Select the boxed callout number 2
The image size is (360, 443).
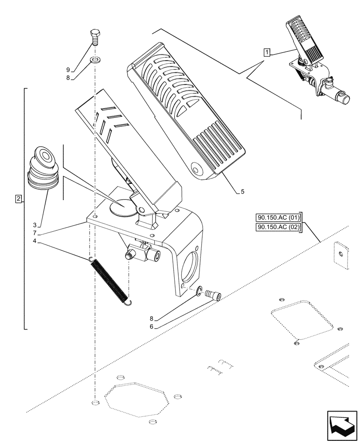(18, 199)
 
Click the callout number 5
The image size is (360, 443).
(243, 192)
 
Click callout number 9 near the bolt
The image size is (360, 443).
(68, 70)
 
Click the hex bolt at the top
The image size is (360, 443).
(95, 37)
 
